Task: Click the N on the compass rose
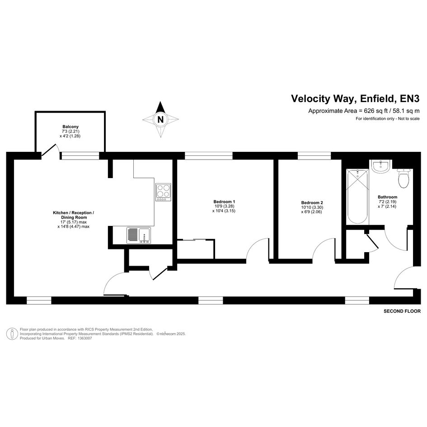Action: point(161,120)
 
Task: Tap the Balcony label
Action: point(70,127)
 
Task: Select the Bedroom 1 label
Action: point(224,202)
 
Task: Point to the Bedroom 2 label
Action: point(312,202)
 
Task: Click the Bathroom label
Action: point(387,197)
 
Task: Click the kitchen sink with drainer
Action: point(139,235)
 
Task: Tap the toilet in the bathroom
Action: point(404,178)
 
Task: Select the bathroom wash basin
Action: point(381,166)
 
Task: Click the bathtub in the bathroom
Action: point(357,197)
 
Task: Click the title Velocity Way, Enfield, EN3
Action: point(355,99)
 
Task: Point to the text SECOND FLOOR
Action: point(402,311)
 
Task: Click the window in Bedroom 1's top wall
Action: point(209,155)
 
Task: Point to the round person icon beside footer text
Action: point(12,334)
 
